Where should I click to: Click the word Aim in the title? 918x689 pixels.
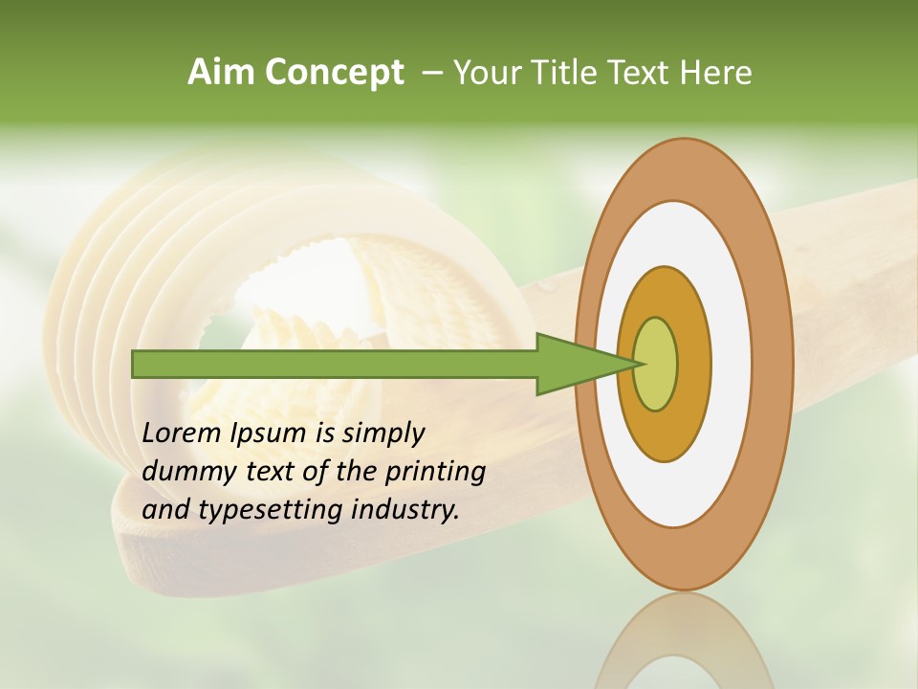pos(222,73)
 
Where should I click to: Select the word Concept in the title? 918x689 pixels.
pos(335,73)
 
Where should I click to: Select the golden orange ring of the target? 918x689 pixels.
pos(693,364)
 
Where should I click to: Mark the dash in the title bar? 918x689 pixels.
pos(431,73)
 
